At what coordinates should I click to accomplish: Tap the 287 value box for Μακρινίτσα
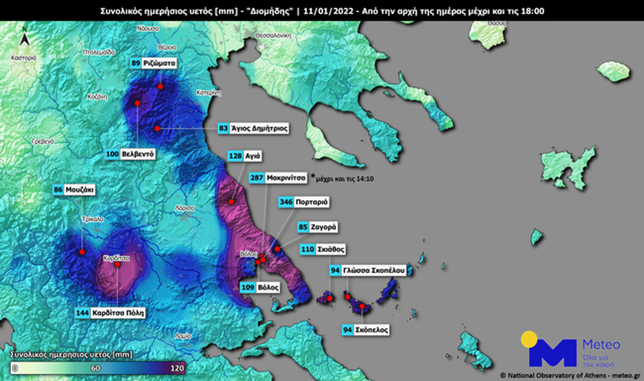pyautogui.click(x=256, y=178)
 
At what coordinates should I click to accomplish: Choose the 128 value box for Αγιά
pyautogui.click(x=235, y=157)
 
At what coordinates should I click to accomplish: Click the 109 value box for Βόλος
pyautogui.click(x=246, y=286)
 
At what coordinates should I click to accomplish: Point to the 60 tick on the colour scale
pyautogui.click(x=95, y=368)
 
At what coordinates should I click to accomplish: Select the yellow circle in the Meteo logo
pyautogui.click(x=529, y=339)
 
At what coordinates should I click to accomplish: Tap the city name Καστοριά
pyautogui.click(x=24, y=58)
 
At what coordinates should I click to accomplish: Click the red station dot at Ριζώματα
pyautogui.click(x=160, y=86)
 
